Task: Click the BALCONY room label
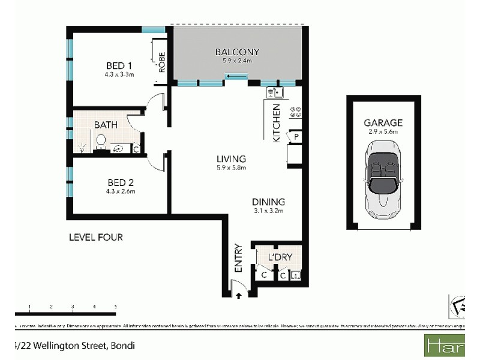click(236, 52)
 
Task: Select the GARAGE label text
click(383, 122)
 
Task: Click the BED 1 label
click(118, 65)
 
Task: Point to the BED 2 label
click(118, 182)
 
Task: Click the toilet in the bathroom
click(101, 142)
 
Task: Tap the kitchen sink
click(274, 92)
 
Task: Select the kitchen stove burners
click(295, 112)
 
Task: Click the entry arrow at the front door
click(238, 295)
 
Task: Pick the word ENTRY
click(238, 257)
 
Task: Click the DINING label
click(268, 202)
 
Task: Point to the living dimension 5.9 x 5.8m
click(232, 167)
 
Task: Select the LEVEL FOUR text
click(96, 238)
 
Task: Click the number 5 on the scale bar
click(115, 307)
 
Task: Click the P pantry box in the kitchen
click(296, 137)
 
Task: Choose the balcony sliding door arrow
click(236, 76)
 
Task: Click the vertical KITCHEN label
click(277, 122)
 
